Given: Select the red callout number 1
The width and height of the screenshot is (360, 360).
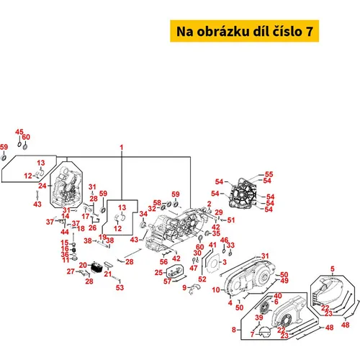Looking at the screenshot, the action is tap(122, 148).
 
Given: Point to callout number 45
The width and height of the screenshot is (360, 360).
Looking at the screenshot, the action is tap(19, 132).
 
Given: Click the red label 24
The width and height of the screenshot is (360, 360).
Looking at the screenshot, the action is tap(42, 186).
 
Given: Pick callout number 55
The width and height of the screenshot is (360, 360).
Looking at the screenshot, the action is tap(269, 174).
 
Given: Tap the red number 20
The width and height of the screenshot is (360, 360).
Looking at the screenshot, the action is tap(83, 265).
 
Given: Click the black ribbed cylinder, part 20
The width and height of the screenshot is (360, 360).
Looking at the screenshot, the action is tap(96, 267).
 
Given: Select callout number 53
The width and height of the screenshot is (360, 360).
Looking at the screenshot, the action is tap(120, 287).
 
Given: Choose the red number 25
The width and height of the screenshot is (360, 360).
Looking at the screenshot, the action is tap(158, 273).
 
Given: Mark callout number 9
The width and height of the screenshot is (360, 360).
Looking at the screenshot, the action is tap(184, 287).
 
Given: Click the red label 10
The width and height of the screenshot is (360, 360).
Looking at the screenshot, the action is tap(216, 290).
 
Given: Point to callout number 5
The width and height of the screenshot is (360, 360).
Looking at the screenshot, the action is tap(333, 269).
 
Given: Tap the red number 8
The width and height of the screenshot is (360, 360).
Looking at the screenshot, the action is tap(234, 330).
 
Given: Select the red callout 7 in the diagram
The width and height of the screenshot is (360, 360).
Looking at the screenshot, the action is tap(252, 334).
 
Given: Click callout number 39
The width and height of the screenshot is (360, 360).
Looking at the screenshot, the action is tap(259, 318).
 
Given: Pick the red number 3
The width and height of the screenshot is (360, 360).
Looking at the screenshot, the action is tap(225, 262).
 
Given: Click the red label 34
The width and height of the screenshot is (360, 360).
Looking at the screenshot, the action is tap(143, 214).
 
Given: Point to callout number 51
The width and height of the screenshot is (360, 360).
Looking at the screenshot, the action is tap(231, 220).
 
